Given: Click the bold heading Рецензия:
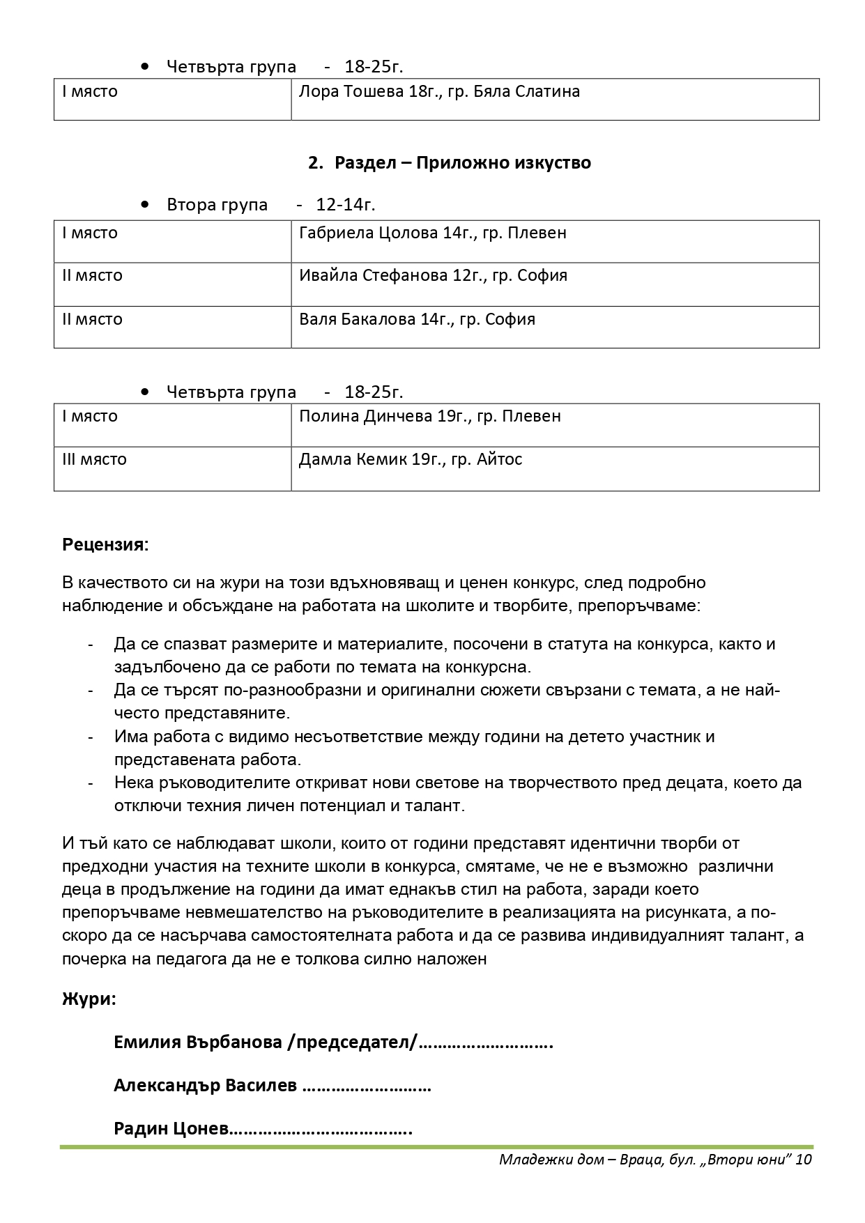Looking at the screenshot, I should click(105, 544).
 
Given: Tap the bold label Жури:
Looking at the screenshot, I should click(89, 999).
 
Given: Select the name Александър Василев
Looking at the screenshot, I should click(205, 1085).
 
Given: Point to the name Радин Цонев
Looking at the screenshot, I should click(171, 1128).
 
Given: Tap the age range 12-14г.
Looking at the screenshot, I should click(346, 205).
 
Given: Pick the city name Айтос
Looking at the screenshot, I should click(500, 460).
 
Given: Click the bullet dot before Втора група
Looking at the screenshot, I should click(144, 205).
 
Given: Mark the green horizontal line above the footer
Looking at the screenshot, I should click(436, 1146).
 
